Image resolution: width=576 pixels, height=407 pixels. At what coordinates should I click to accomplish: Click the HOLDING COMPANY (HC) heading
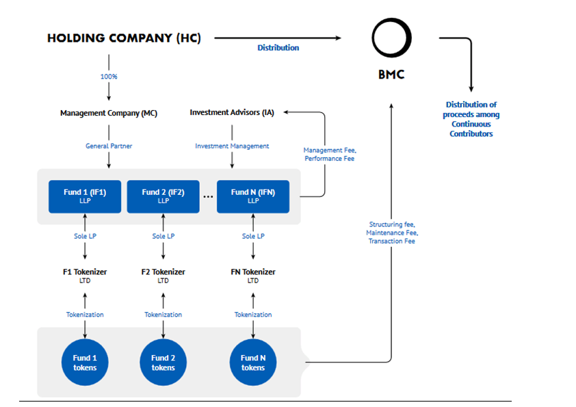pos(125,38)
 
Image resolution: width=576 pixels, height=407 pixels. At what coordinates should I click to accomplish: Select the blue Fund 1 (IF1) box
pos(85,196)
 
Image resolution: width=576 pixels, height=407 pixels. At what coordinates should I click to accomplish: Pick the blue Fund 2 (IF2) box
pos(163,196)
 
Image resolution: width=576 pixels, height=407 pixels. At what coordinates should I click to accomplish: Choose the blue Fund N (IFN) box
pos(253,196)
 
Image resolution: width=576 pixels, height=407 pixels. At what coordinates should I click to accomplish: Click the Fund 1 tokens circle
pos(85,362)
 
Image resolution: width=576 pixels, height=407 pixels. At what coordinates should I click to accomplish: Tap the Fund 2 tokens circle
pos(163,362)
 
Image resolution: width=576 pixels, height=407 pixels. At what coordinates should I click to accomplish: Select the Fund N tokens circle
pos(253,362)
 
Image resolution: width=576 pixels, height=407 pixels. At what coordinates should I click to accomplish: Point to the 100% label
pos(109,77)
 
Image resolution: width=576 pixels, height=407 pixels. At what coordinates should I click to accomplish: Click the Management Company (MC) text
pos(109,113)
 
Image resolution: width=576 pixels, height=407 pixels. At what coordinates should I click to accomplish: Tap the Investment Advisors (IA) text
pos(232,112)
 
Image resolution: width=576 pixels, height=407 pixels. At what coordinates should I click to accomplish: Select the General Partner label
pos(109,146)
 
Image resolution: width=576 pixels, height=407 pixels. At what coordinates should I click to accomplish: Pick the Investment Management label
pos(232,146)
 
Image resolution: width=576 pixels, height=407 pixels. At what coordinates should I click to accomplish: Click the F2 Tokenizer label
pos(163,276)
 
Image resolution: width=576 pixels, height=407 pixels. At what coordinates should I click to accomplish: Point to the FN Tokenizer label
pos(253,276)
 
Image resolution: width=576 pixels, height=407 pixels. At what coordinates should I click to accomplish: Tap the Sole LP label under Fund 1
pos(85,236)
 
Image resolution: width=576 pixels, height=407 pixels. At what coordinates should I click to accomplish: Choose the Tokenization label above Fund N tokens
pos(253,315)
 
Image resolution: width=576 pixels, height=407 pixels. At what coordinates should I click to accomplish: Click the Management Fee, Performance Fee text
pos(330,155)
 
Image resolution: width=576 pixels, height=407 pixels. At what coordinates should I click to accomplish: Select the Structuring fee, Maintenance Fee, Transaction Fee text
pos(392,233)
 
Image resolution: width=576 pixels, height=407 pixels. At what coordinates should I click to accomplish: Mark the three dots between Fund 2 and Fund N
pos(208,197)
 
